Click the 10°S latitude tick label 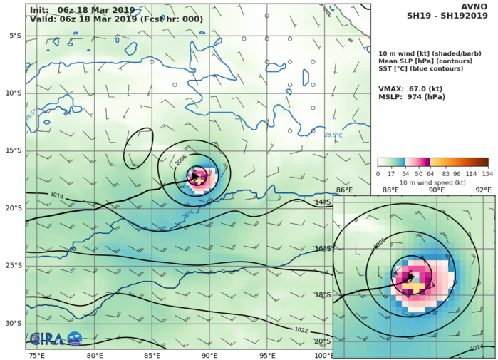14,93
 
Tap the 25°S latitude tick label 14,265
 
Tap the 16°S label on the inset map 343,248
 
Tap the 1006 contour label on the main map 182,161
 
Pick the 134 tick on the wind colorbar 487,174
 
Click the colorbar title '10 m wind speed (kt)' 433,183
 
